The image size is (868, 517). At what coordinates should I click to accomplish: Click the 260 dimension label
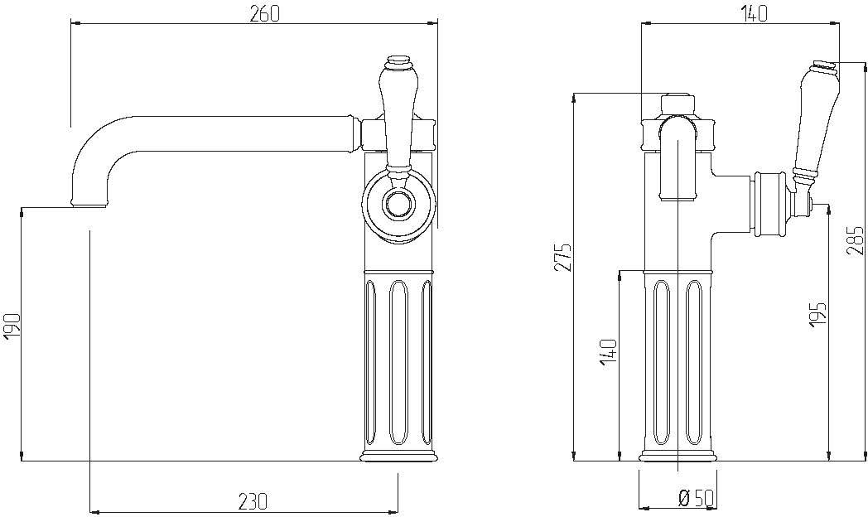[x=264, y=14]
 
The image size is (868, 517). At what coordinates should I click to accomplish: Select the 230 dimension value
[x=253, y=501]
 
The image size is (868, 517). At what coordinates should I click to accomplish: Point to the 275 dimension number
[x=563, y=257]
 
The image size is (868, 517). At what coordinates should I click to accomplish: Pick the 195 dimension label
[x=818, y=314]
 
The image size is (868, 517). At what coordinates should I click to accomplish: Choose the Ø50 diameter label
[x=697, y=500]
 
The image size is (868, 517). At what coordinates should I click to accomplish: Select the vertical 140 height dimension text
[x=608, y=351]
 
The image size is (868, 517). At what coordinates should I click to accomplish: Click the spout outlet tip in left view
[x=89, y=204]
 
